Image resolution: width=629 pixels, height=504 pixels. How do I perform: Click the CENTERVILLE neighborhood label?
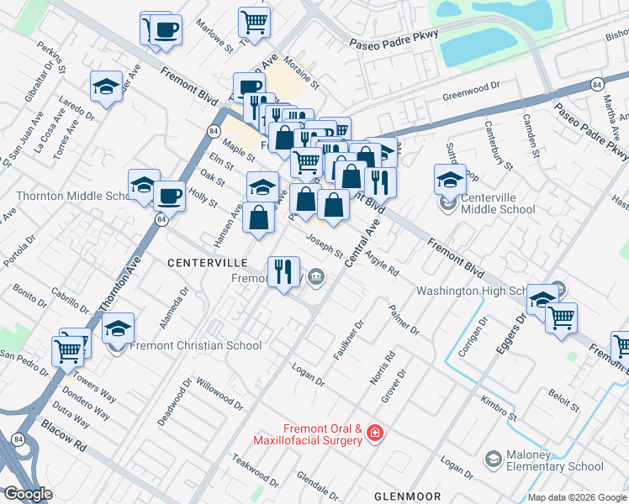(x=207, y=263)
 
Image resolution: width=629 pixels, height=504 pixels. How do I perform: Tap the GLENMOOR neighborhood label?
(x=403, y=496)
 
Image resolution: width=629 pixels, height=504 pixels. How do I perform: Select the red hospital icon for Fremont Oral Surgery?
(x=374, y=434)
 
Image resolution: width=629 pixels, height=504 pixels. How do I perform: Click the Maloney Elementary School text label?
(x=550, y=466)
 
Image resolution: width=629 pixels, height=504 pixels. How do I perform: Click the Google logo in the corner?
(x=29, y=494)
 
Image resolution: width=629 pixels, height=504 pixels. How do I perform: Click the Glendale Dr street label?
(x=317, y=486)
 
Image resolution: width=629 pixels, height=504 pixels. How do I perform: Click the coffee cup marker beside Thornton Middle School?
(x=168, y=196)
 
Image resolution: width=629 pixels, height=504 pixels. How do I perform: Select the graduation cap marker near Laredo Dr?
(x=107, y=87)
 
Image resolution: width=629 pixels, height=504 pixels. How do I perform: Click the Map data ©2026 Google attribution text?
(x=576, y=496)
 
